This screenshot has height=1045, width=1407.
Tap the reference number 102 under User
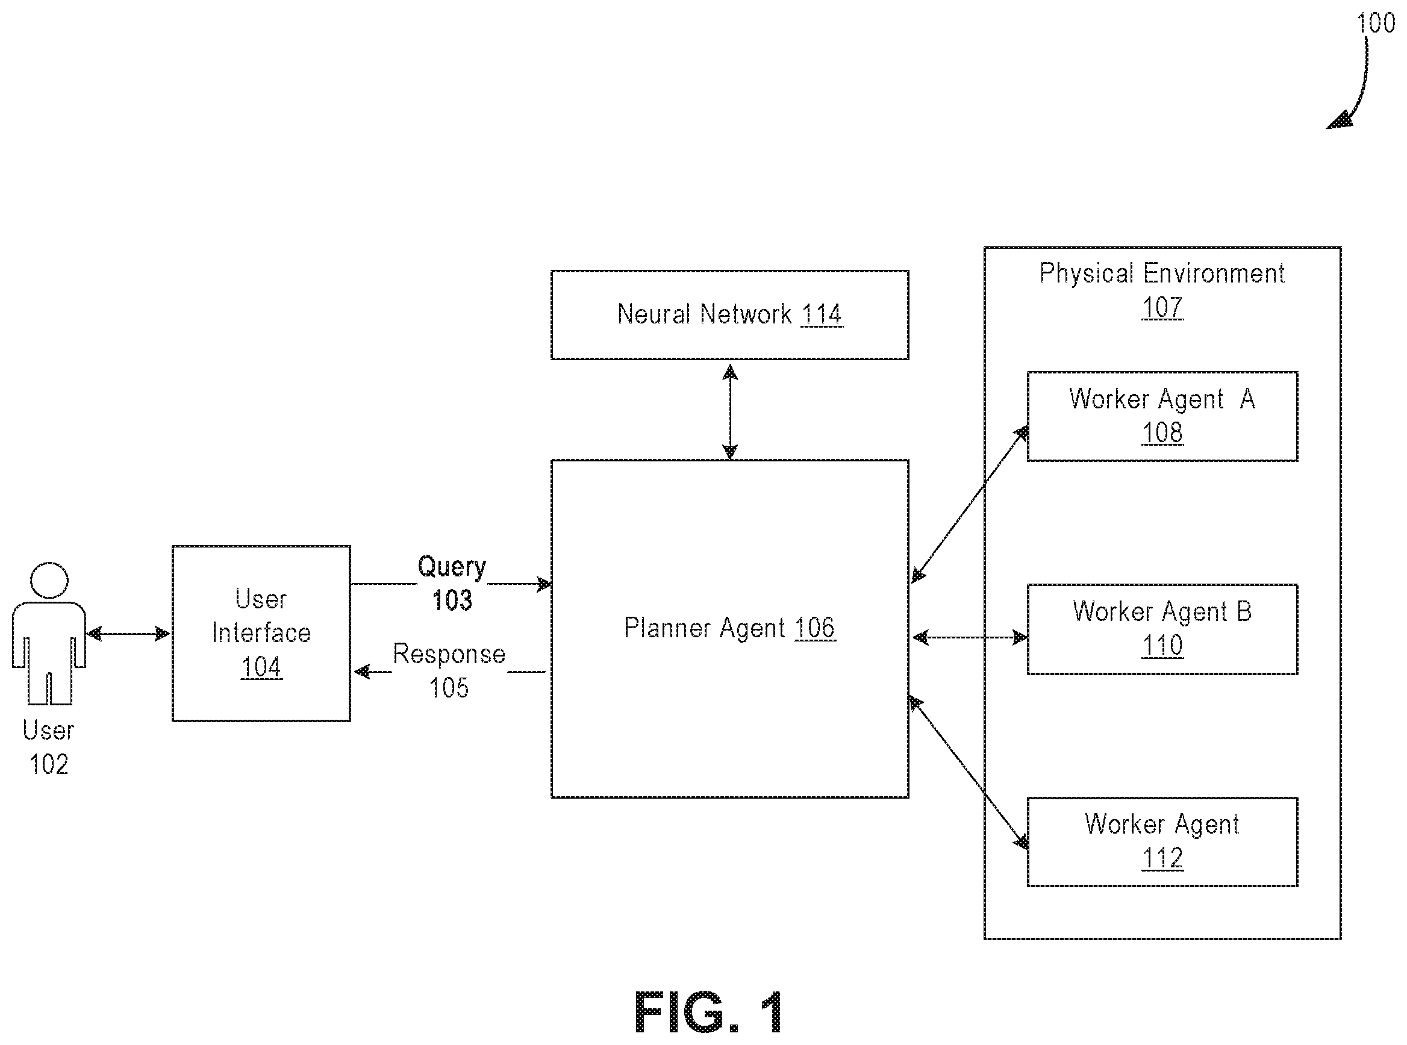click(49, 764)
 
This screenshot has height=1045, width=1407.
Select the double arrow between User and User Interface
click(128, 633)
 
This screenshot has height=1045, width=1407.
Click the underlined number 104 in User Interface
click(261, 667)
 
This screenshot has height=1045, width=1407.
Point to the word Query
click(452, 567)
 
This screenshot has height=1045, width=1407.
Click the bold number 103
click(452, 600)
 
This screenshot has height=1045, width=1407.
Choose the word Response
click(449, 654)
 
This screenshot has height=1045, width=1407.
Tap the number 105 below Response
click(449, 688)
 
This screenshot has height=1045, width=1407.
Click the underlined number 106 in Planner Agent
click(815, 628)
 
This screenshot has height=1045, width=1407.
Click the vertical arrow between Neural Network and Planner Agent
click(730, 412)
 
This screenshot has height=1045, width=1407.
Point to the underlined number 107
click(1162, 307)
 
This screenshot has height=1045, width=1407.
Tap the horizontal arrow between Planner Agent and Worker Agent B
click(969, 638)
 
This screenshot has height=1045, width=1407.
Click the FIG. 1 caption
click(708, 1011)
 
